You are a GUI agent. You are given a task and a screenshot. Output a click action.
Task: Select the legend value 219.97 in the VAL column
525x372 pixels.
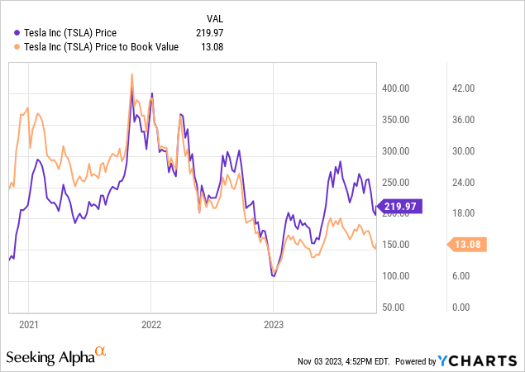pos(210,32)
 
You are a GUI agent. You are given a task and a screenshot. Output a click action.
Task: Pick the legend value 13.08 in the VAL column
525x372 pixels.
pos(212,46)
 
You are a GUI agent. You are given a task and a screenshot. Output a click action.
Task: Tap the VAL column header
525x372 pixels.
pos(214,17)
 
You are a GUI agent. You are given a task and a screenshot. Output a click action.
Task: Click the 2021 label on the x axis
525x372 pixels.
pos(29,324)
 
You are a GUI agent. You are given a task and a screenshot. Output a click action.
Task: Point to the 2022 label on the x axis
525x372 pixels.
pos(151,324)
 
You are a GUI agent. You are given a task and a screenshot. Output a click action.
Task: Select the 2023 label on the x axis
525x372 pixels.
pos(274,324)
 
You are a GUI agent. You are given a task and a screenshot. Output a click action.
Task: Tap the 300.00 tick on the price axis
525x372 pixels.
pos(396,151)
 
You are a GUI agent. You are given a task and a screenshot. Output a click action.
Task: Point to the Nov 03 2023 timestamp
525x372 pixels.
pos(346,361)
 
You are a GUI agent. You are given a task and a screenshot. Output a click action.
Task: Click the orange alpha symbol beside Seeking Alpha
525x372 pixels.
pos(100,353)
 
